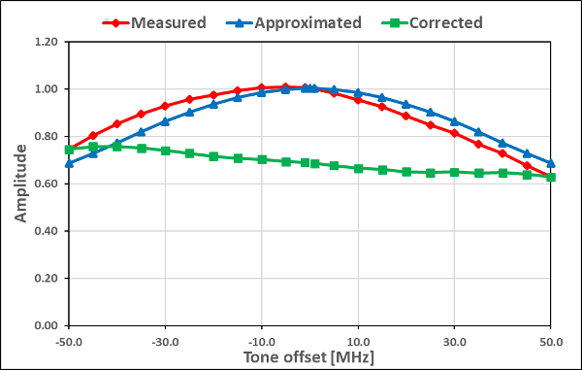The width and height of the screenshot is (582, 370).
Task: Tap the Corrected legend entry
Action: pyautogui.click(x=433, y=21)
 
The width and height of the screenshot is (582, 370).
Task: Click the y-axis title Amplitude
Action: pyautogui.click(x=20, y=184)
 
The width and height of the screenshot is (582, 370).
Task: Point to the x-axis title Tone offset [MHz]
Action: pyautogui.click(x=309, y=358)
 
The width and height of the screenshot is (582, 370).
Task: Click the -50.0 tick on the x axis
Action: pyautogui.click(x=68, y=341)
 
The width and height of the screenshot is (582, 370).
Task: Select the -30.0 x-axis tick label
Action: pyautogui.click(x=165, y=341)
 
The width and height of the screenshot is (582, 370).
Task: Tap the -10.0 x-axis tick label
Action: pyautogui.click(x=261, y=341)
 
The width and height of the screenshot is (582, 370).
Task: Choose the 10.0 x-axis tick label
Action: pyautogui.click(x=358, y=341)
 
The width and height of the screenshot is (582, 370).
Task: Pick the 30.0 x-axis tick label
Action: pyautogui.click(x=455, y=341)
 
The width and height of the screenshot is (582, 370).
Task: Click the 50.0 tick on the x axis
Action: pyautogui.click(x=551, y=341)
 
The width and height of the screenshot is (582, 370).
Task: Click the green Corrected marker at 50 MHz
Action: pyautogui.click(x=551, y=177)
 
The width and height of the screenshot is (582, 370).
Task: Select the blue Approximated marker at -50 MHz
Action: pyautogui.click(x=68, y=163)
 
